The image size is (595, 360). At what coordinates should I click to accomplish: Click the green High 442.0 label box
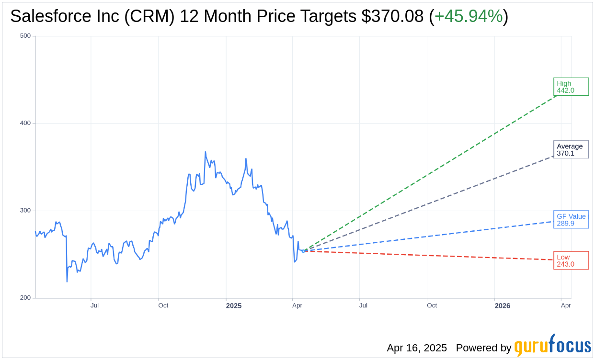[571, 87]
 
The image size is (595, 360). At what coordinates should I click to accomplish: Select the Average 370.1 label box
[571, 149]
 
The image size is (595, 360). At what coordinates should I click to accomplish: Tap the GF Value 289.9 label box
[571, 219]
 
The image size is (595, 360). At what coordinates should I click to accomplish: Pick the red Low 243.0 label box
[571, 260]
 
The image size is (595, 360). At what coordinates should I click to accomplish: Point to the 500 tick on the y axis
[25, 36]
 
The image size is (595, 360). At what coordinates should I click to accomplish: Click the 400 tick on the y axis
[25, 123]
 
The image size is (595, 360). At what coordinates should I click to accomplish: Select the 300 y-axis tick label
[25, 211]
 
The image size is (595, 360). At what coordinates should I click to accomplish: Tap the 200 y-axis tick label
[25, 298]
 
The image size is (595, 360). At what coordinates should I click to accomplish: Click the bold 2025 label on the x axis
[234, 305]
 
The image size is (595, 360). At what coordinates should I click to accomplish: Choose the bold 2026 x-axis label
[502, 305]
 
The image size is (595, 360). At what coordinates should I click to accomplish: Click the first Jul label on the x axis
[95, 305]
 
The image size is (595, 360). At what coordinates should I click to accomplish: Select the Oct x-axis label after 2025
[432, 305]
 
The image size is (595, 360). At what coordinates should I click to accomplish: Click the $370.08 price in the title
[392, 16]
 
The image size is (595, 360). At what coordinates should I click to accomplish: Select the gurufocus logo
[552, 346]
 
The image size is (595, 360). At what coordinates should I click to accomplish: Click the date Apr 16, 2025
[417, 348]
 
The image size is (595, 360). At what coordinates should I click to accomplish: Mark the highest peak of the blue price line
[205, 152]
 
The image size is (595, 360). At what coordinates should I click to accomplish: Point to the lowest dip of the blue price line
[67, 281]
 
